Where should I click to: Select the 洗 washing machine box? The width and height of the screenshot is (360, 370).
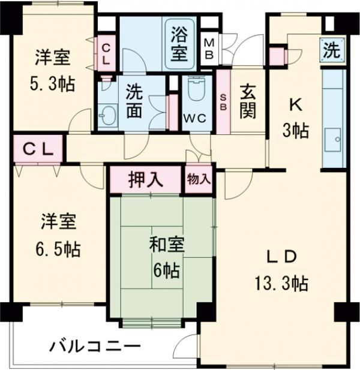coord(330,50)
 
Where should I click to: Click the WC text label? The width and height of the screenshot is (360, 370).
coord(196,118)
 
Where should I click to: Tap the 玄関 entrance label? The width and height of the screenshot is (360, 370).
coord(248,101)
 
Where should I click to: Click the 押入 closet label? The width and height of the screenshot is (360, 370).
coord(145,180)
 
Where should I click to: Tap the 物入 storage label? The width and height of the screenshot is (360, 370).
coord(199,179)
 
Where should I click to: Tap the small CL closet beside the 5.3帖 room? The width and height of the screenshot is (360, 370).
coord(106,53)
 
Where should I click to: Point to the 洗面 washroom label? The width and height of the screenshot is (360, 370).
coord(135,102)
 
